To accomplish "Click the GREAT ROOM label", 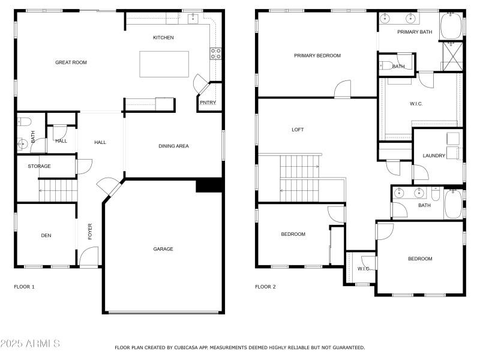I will pos(71,62).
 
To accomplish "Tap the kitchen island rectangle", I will pos(164,64).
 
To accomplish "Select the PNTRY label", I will pos(208,103).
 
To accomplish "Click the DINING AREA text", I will pos(173,146).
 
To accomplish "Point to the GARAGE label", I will pos(163,249).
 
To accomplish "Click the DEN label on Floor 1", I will pos(46,236).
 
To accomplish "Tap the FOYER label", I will pos(91,232).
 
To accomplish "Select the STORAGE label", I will pos(39,166).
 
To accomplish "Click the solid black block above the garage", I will pos(209,186).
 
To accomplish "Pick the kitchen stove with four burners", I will pos(215,55).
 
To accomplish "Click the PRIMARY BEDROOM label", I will pos(317,56).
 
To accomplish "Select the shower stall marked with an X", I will pos(452,57).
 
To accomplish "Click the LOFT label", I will pos(298,130).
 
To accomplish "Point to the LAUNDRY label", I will pos(434,156).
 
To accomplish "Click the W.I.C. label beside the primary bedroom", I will pos(416,104).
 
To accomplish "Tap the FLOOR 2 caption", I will pos(265,287).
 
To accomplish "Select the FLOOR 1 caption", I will pos(24,287).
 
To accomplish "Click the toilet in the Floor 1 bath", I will pos(24,122).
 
